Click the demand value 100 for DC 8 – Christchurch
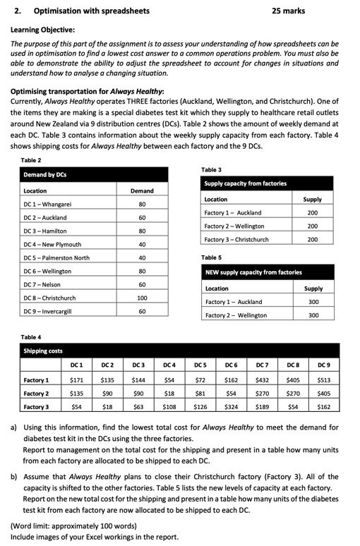pos(142,298)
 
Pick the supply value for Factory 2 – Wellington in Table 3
pos(312,226)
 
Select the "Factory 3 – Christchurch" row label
pos(236,239)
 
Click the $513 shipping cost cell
pos(324,380)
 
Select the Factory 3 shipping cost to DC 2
pos(107,406)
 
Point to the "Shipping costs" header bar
pos(43,351)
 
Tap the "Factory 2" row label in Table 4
pos(37,393)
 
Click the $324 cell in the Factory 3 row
pos(230,406)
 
